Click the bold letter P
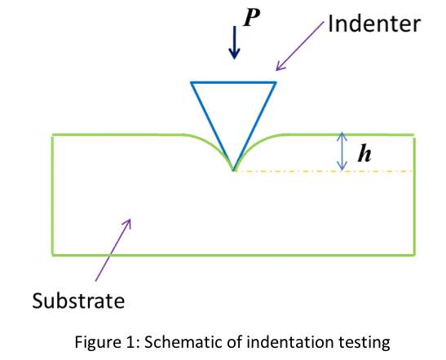pos(252,18)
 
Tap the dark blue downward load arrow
pos(234,42)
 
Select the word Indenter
pos(374,24)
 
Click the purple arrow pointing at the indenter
pos(300,46)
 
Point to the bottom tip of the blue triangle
pos(233,170)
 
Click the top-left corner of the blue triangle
pos(191,83)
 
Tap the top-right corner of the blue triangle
pos(276,83)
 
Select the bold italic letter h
pos(364,153)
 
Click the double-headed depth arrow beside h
pos(342,151)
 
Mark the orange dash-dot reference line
pos(324,171)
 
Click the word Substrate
pos(78,301)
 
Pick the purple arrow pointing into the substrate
pos(113,250)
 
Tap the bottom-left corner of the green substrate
pos(53,255)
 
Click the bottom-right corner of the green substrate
pos(414,255)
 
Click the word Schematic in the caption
pos(184,342)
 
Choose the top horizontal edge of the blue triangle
pos(233,83)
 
